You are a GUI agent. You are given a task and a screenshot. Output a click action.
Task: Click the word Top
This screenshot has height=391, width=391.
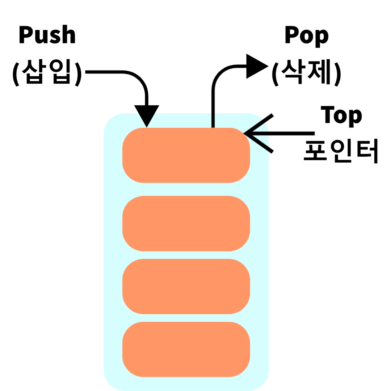pos(341,115)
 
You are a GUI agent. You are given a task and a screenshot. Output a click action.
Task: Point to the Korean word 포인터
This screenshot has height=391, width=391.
pos(341,151)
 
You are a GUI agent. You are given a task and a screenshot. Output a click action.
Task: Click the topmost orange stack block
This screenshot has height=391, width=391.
pos(186,155)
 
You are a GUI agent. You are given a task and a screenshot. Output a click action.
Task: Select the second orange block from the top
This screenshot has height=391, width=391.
pos(186,223)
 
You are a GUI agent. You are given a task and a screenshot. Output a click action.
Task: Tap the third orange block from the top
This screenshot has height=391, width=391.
pos(186,286)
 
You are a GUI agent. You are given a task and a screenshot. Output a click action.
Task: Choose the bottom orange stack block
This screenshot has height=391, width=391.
pos(186,349)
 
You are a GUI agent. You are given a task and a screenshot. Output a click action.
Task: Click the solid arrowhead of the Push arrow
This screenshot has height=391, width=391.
pos(147,115)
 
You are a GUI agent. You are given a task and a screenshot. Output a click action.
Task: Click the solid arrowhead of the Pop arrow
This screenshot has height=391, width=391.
pos(256,66)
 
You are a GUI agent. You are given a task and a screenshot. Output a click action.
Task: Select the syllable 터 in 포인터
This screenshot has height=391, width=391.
pos(366,151)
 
